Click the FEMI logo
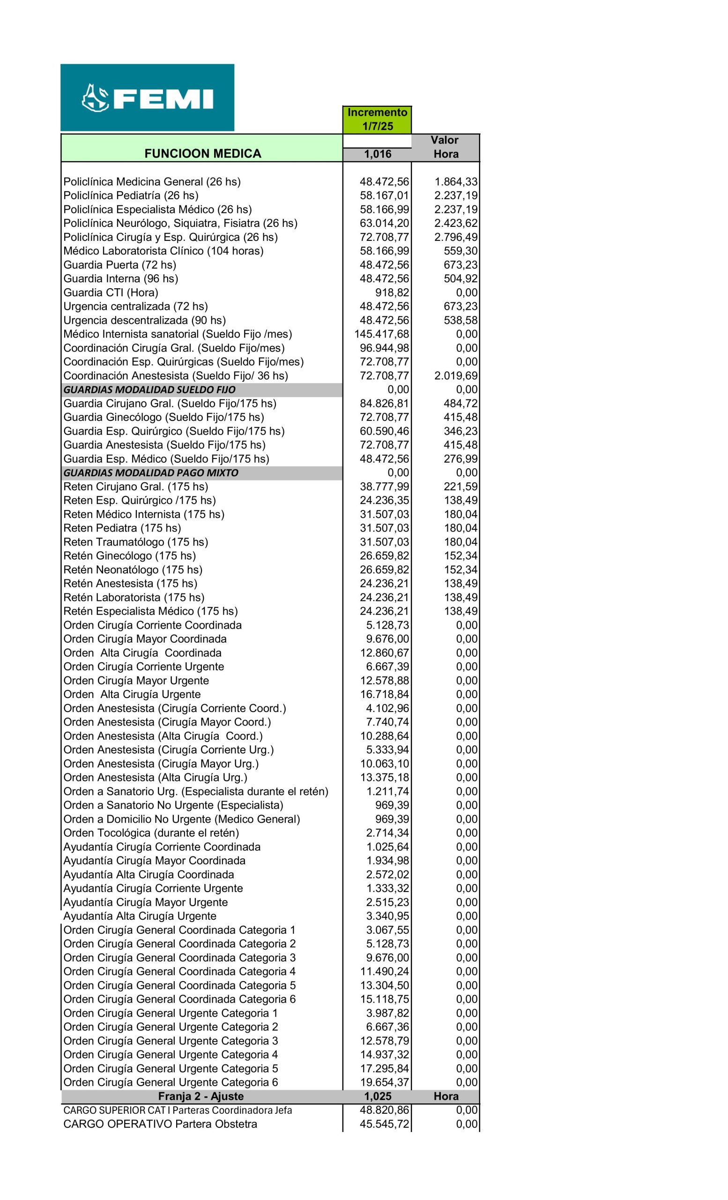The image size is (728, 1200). [147, 97]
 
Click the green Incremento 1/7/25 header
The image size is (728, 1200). [377, 120]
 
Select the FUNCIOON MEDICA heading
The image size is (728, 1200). [202, 154]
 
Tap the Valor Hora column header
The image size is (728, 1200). [445, 147]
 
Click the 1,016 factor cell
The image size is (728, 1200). [377, 154]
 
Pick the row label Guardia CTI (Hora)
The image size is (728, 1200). [111, 292]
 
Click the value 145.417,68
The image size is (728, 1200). [381, 334]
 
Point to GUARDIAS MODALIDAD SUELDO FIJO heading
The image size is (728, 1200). [149, 390]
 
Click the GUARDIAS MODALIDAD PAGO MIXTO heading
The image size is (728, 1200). [151, 473]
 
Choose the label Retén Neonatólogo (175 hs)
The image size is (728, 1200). [133, 570]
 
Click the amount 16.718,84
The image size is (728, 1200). [384, 695]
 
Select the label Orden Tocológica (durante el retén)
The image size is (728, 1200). [151, 833]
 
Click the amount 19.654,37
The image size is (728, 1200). [384, 1082]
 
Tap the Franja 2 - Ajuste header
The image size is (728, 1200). [201, 1096]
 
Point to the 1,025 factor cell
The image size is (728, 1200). [377, 1096]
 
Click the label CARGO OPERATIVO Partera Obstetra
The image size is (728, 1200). [161, 1124]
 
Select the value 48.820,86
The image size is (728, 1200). [384, 1110]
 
